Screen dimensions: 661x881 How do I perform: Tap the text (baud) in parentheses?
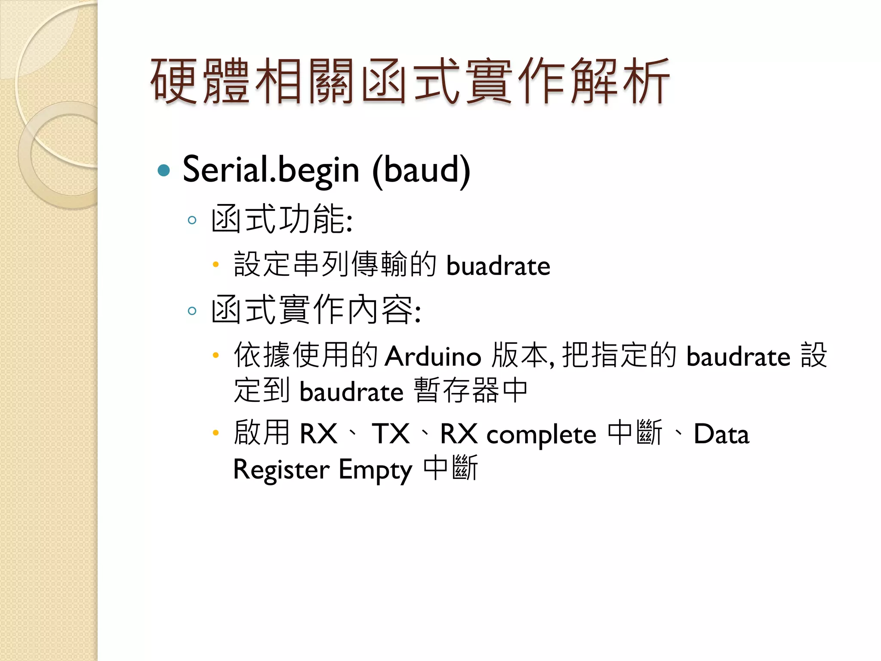click(x=421, y=170)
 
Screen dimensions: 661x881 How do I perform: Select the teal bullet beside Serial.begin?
click(x=164, y=170)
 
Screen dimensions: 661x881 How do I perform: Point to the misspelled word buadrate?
click(x=498, y=266)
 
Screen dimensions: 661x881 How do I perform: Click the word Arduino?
click(x=433, y=357)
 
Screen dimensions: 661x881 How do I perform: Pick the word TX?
click(x=391, y=434)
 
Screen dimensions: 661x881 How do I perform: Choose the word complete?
click(x=541, y=435)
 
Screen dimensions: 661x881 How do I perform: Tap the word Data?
click(x=721, y=434)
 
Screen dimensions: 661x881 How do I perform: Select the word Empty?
click(x=376, y=470)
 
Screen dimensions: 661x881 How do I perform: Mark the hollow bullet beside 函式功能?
click(x=192, y=220)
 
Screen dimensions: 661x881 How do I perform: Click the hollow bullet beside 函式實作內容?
click(x=192, y=311)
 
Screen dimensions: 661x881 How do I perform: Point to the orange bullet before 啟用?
click(x=216, y=433)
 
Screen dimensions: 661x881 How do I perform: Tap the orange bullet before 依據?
click(x=216, y=355)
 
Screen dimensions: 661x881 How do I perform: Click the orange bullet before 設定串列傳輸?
click(x=216, y=265)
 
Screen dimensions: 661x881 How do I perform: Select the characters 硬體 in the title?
click(x=200, y=82)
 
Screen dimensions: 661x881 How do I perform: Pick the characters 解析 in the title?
click(x=619, y=82)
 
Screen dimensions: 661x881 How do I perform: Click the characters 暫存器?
click(x=456, y=391)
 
